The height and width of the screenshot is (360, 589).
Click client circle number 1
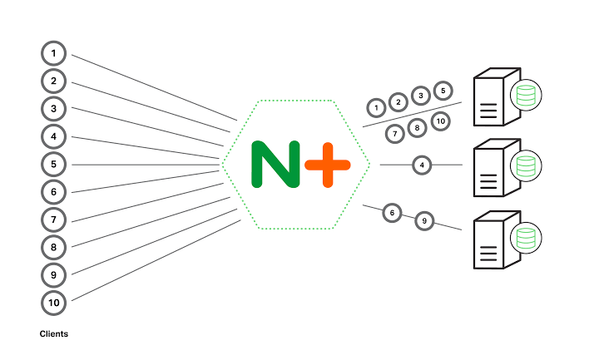pos(54,54)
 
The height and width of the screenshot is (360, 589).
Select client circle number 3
pos(54,109)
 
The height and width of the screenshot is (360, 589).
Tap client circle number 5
pos(54,164)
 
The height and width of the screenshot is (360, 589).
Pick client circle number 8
pos(54,247)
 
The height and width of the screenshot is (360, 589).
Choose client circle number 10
pos(54,302)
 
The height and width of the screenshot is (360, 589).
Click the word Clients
pos(54,334)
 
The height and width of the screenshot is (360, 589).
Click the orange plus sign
pos(327,164)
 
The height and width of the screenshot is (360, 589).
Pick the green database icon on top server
pos(525,96)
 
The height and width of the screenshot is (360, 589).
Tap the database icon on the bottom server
pos(525,238)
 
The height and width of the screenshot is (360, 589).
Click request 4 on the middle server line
pos(423,165)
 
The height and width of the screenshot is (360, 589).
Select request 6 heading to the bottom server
pos(392,213)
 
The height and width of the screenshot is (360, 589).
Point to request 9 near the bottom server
pos(424,221)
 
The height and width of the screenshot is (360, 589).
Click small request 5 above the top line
pos(443,90)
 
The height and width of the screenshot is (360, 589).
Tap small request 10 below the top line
pos(440,121)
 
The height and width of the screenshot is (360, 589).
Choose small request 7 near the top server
pos(394,133)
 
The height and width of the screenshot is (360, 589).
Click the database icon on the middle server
pos(525,166)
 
